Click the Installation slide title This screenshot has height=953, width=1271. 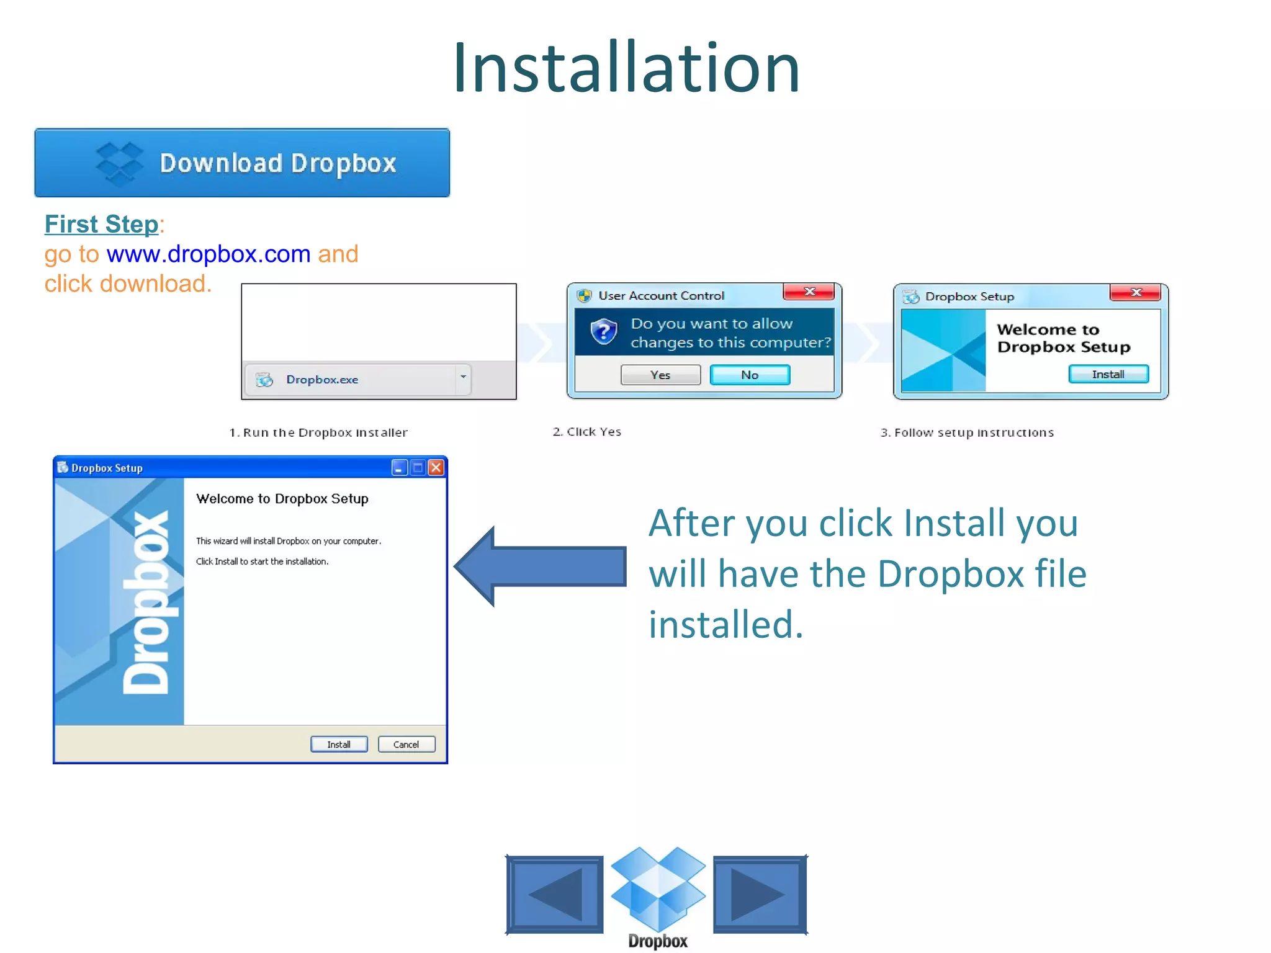pyautogui.click(x=626, y=68)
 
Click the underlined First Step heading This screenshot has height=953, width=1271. pyautogui.click(x=102, y=225)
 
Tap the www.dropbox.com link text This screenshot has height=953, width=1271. pyautogui.click(x=209, y=254)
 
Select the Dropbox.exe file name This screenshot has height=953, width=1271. pyautogui.click(x=322, y=380)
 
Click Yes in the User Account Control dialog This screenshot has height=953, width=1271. pyautogui.click(x=660, y=375)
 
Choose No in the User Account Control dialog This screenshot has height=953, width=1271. pyautogui.click(x=750, y=375)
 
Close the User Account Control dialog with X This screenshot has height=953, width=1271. pyautogui.click(x=809, y=292)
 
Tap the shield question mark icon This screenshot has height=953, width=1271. pyautogui.click(x=603, y=332)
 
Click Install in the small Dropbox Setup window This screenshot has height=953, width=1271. pyautogui.click(x=1108, y=374)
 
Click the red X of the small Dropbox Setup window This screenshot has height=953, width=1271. pyautogui.click(x=1136, y=292)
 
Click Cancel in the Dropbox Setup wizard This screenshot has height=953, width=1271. pyautogui.click(x=406, y=745)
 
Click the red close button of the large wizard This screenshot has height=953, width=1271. pyautogui.click(x=437, y=468)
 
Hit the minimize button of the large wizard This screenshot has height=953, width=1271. pyautogui.click(x=399, y=468)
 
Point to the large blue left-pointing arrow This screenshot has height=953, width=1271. pyautogui.click(x=540, y=566)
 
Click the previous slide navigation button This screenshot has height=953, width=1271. pyautogui.click(x=555, y=894)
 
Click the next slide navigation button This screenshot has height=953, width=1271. pyautogui.click(x=760, y=894)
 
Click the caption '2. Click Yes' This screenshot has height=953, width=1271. pyautogui.click(x=587, y=432)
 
